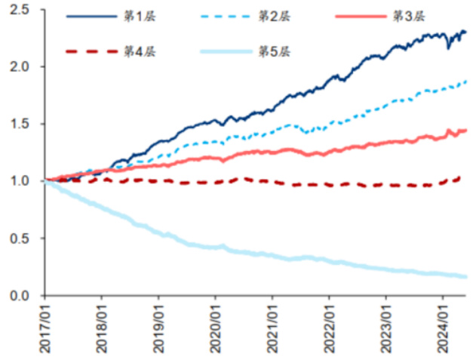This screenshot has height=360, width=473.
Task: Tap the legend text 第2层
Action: tap(272, 16)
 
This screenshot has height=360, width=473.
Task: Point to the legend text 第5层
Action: tap(272, 51)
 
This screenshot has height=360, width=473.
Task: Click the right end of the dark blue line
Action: tap(465, 32)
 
